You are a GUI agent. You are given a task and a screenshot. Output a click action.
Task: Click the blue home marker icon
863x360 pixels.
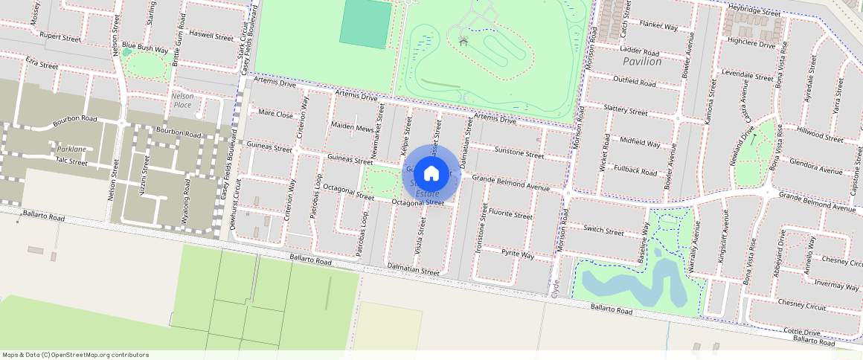pyautogui.click(x=431, y=173)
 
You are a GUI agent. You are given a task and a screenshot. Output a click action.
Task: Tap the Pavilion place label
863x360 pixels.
pyautogui.click(x=642, y=62)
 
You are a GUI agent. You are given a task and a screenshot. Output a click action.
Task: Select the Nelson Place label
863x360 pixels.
pyautogui.click(x=182, y=100)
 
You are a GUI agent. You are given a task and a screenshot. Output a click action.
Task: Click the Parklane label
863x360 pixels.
pyautogui.click(x=71, y=150)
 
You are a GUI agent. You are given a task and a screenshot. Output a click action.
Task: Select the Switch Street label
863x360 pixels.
pyautogui.click(x=603, y=231)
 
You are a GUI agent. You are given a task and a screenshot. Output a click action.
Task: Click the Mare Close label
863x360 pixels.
pyautogui.click(x=275, y=115)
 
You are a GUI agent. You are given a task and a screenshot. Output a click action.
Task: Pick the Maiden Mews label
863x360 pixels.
pyautogui.click(x=352, y=128)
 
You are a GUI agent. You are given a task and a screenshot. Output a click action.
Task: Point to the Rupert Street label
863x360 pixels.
pyautogui.click(x=60, y=36)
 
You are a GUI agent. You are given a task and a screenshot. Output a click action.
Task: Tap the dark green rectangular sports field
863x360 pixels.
pyautogui.click(x=365, y=25)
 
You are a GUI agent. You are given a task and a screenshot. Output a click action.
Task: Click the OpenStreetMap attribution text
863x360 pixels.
pyautogui.click(x=76, y=355)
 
